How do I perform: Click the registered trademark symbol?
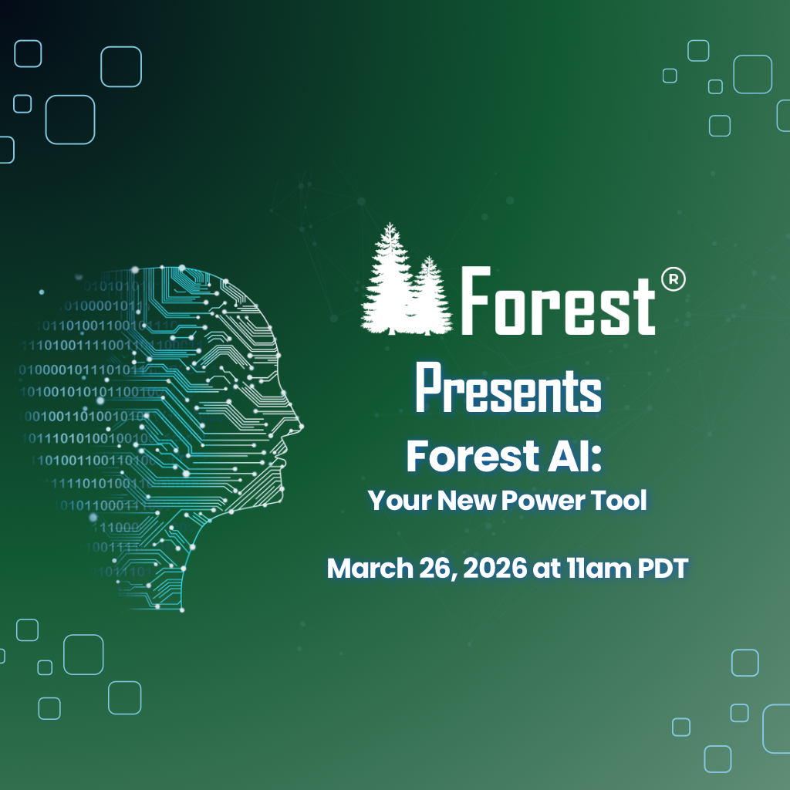click(673, 280)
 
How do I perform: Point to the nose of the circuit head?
click(299, 424)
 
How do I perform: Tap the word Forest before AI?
click(468, 457)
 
